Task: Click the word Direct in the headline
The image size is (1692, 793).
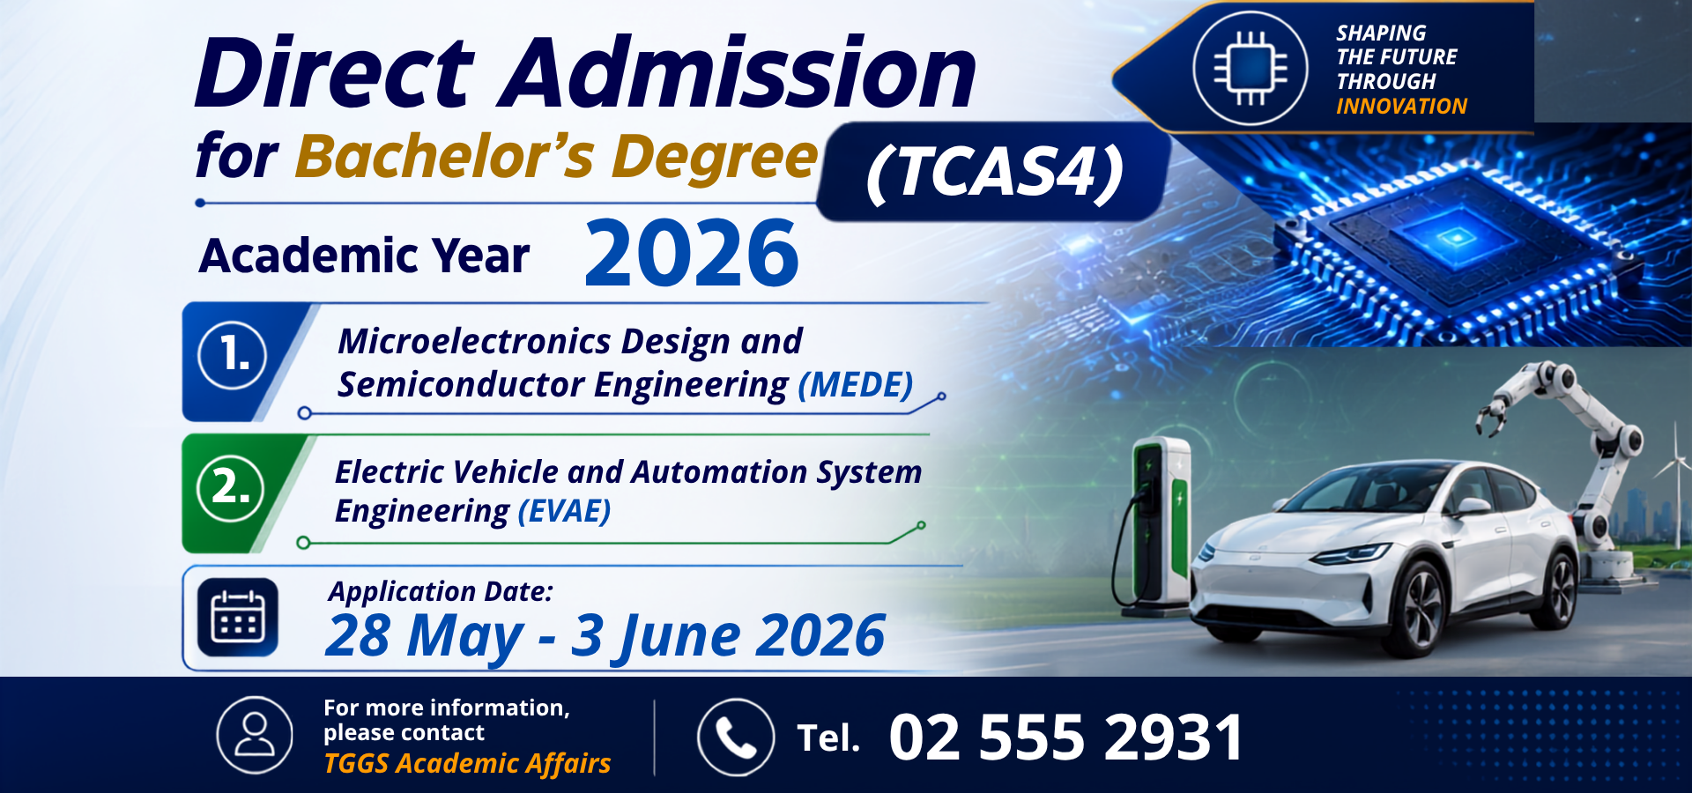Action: click(x=335, y=72)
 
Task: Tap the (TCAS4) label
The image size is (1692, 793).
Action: click(x=995, y=172)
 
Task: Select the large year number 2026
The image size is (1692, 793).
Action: click(x=692, y=254)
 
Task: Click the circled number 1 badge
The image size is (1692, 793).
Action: click(x=233, y=356)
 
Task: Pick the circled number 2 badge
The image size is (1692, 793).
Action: click(x=231, y=488)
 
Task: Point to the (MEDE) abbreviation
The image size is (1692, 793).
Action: click(x=856, y=386)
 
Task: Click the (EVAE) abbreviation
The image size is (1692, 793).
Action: click(x=564, y=512)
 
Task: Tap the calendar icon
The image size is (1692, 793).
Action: click(x=238, y=618)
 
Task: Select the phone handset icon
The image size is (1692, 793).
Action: click(x=736, y=737)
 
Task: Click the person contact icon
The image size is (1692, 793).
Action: click(x=255, y=735)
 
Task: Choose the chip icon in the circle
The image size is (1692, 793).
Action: click(x=1250, y=68)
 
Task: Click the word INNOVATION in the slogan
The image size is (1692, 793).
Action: click(x=1401, y=107)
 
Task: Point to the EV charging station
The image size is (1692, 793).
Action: click(x=1154, y=524)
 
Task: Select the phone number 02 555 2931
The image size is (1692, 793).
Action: click(x=1066, y=737)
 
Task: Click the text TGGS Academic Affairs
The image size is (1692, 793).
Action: click(x=467, y=763)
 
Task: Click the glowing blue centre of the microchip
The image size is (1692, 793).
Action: click(x=1457, y=236)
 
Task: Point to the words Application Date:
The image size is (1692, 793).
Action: click(x=441, y=591)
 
